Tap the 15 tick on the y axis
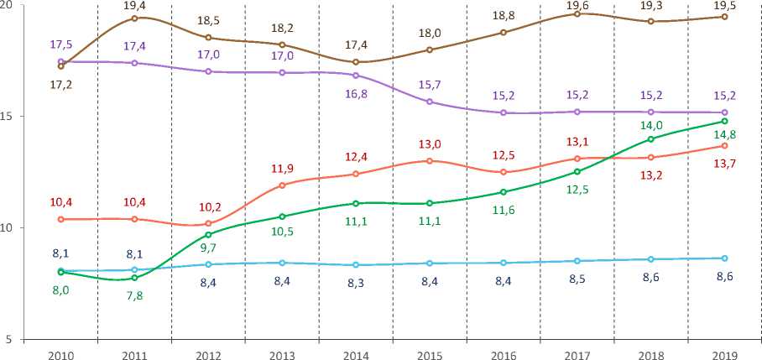(x=8, y=116)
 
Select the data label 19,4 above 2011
(x=135, y=6)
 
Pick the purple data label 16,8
(x=356, y=93)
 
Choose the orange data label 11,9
(x=282, y=169)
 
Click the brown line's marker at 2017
(x=577, y=14)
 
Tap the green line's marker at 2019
(x=724, y=122)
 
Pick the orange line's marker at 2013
(x=282, y=185)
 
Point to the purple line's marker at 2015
(x=430, y=102)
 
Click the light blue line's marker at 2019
(x=724, y=258)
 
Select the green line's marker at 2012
(x=209, y=234)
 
